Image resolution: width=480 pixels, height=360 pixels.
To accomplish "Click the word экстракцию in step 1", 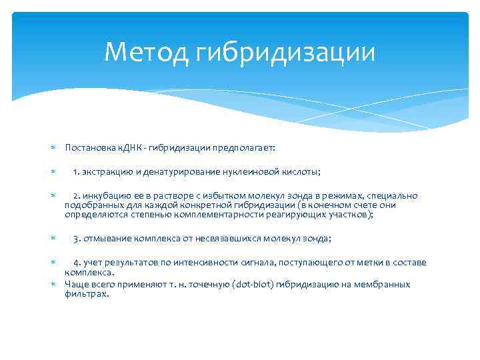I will click(108, 172).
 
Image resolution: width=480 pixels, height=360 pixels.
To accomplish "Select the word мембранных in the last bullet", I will click(384, 285).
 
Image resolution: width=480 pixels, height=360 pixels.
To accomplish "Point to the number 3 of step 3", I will click(76, 239).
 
